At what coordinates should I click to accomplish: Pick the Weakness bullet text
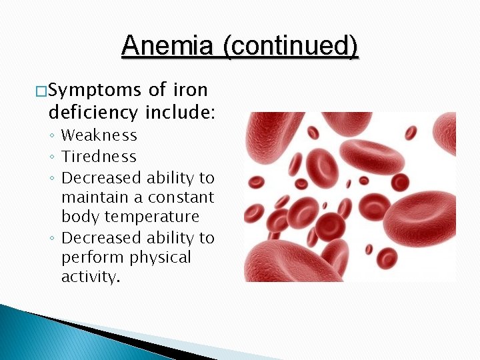pyautogui.click(x=99, y=135)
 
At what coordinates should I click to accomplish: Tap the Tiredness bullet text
pyautogui.click(x=99, y=157)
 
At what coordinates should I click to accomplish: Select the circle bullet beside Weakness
pyautogui.click(x=53, y=136)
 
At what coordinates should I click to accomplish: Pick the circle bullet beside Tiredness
pyautogui.click(x=53, y=157)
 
